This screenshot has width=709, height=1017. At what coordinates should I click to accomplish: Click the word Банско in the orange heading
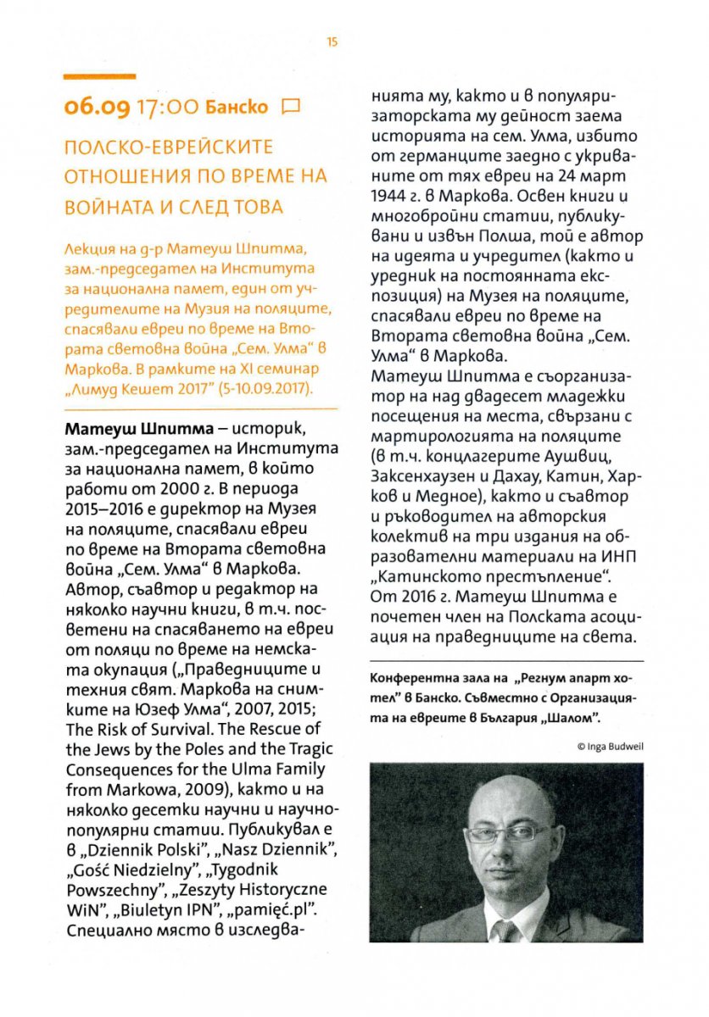[240, 107]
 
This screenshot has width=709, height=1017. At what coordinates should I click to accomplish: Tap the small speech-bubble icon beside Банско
[291, 107]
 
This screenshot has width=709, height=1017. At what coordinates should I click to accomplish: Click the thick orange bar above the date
[100, 76]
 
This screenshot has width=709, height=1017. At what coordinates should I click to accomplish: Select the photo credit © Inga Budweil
[607, 746]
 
